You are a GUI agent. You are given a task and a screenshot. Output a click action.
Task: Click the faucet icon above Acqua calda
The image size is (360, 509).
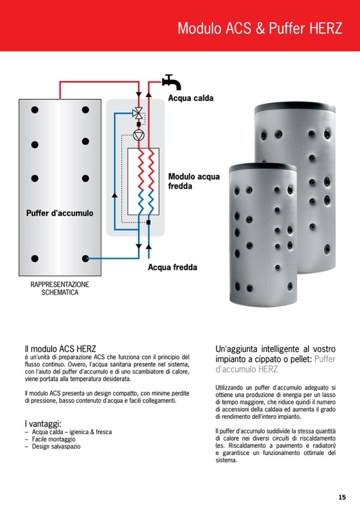[172, 82]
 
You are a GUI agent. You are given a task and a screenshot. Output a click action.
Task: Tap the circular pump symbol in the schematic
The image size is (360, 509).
[139, 135]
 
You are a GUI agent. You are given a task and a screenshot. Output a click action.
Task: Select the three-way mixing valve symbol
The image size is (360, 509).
[138, 113]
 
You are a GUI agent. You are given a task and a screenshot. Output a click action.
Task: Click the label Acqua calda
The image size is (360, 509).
[191, 98]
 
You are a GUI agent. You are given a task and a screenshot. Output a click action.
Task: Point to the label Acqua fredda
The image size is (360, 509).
[173, 267]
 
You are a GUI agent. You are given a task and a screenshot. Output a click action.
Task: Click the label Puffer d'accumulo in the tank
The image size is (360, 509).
[59, 213]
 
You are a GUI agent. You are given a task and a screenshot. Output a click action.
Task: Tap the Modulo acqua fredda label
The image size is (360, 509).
[194, 181]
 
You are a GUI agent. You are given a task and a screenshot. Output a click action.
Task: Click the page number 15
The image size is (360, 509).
[342, 497]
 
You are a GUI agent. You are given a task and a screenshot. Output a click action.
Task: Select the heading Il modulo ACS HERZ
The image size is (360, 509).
[61, 349]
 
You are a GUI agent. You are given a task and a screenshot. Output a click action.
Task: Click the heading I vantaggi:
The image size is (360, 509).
[43, 424]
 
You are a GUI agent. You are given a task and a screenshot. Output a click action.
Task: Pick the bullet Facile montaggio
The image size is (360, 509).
[54, 439]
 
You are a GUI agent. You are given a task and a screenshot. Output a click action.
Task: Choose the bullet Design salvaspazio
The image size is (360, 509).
[56, 446]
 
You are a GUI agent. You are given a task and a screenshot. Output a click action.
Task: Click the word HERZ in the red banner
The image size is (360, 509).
[325, 28]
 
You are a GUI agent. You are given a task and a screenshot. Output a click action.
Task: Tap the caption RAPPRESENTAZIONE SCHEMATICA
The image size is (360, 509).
[59, 288]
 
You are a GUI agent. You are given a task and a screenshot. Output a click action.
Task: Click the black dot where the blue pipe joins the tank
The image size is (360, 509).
[85, 258]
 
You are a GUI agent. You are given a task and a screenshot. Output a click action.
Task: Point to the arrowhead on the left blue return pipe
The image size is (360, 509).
[115, 195]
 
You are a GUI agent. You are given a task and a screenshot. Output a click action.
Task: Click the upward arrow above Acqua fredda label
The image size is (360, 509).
[149, 247]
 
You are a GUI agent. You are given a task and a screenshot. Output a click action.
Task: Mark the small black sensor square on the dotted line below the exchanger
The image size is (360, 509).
[148, 222]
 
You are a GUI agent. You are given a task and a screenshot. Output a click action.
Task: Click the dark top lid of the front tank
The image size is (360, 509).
[263, 168]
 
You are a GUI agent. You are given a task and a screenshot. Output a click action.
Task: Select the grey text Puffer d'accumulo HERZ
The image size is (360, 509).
[275, 364]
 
